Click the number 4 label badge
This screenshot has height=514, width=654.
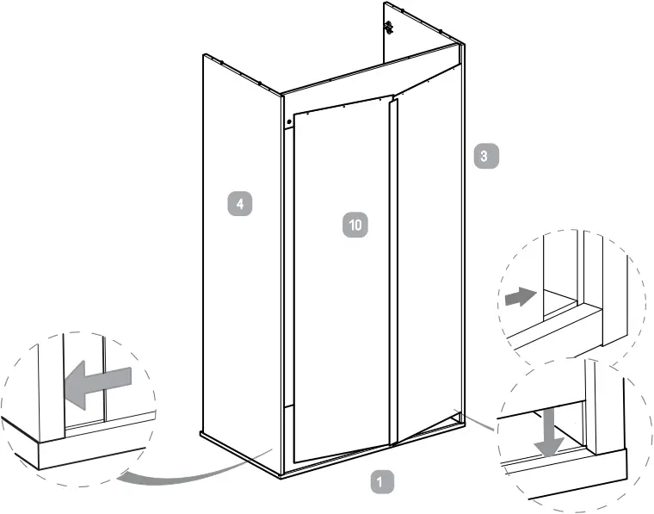[240, 204]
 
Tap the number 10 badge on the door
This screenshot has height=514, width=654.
[355, 225]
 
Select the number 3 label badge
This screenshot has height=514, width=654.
[484, 157]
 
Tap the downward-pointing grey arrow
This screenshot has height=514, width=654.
[547, 435]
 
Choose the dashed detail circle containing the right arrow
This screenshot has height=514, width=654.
[572, 293]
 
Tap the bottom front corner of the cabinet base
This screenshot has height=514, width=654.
[281, 474]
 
